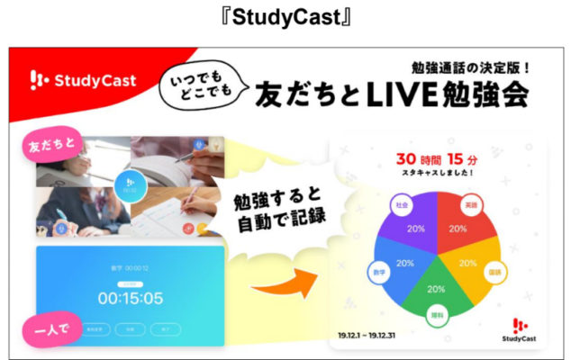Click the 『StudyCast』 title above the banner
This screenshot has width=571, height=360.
tap(285, 15)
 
